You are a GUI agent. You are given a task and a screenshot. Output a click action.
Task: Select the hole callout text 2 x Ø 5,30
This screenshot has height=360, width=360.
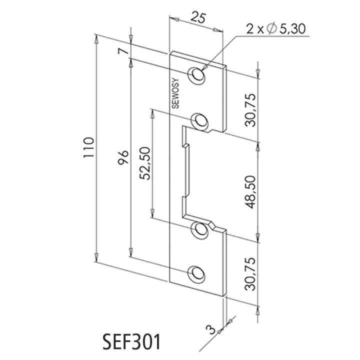click(x=275, y=29)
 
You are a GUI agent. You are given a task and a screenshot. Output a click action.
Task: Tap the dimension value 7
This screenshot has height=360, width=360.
click(x=123, y=50)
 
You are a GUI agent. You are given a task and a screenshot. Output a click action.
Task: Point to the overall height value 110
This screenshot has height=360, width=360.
click(x=88, y=147)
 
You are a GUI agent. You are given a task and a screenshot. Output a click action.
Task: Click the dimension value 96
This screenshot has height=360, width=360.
click(x=123, y=157)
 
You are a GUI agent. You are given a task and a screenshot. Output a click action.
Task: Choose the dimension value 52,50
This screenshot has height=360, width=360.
click(x=145, y=163)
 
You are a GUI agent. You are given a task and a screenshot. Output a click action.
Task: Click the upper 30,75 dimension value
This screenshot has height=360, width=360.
click(x=250, y=109)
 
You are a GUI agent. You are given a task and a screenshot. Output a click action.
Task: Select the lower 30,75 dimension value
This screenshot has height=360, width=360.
click(x=250, y=274)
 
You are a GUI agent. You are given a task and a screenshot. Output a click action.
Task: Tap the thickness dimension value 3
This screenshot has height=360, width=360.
click(x=211, y=329)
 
